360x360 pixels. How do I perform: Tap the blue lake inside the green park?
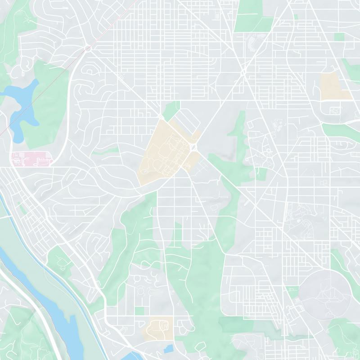(20, 101)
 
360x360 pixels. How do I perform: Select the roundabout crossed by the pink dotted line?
(88, 48)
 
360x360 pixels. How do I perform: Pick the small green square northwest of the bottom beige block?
(140, 310)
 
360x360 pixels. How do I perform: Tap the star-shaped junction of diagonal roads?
(243, 72)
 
